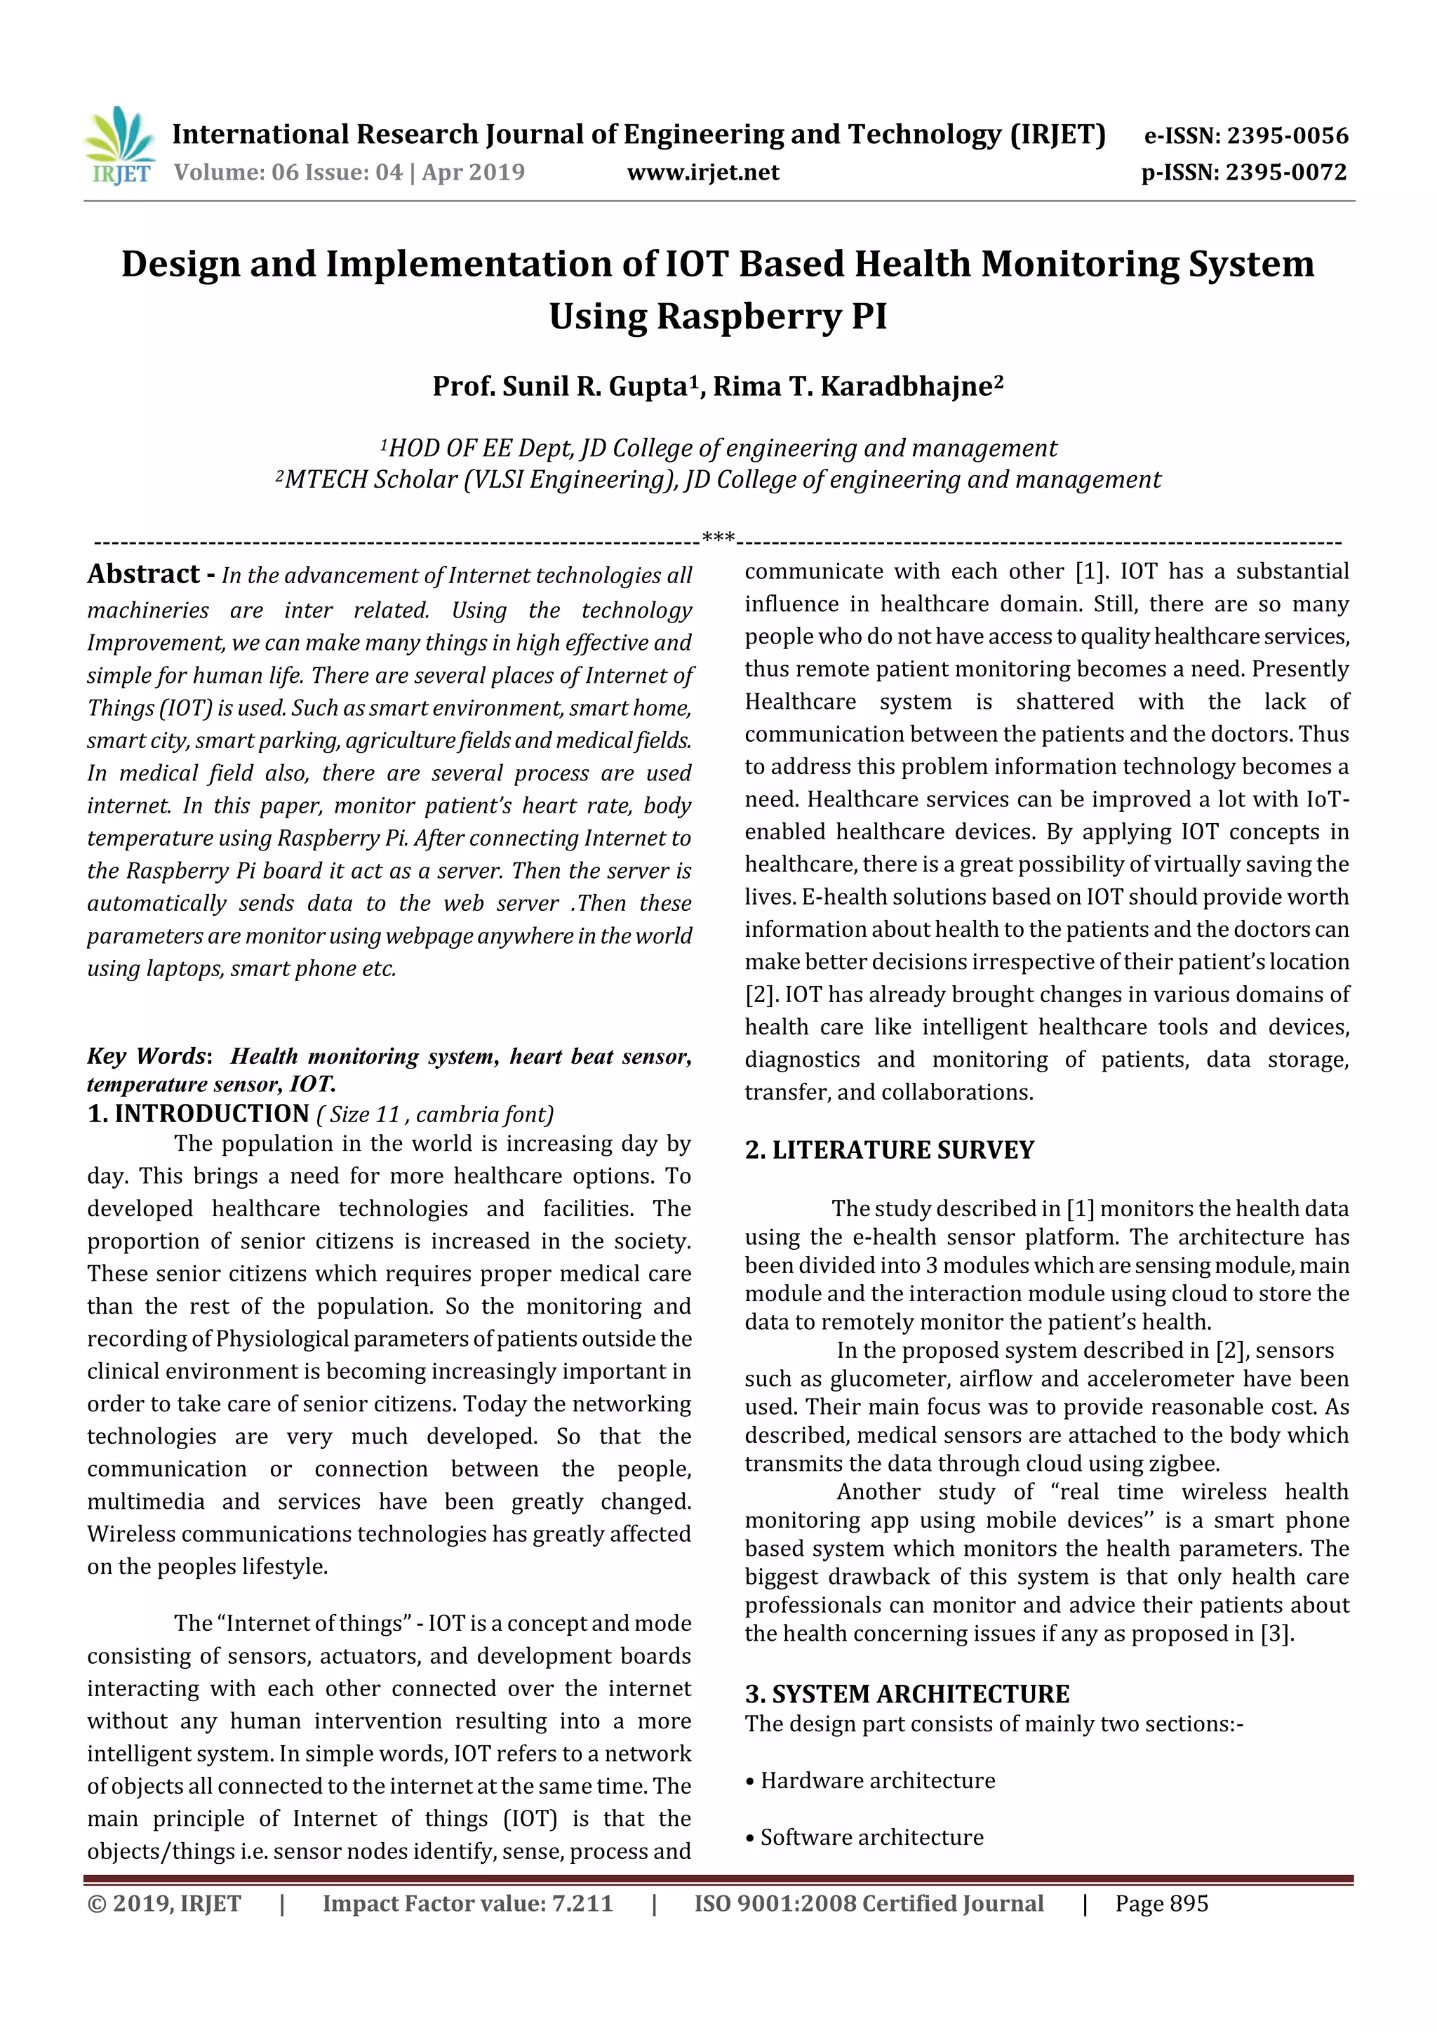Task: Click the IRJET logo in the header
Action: click(x=121, y=146)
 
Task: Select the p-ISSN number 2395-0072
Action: click(x=1285, y=173)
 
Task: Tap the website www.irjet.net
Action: click(x=703, y=173)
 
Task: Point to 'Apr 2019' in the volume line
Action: click(x=473, y=173)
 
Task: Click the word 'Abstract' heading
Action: click(x=143, y=574)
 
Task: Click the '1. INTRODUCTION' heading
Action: click(x=199, y=1114)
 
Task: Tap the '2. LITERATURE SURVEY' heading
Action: click(x=889, y=1150)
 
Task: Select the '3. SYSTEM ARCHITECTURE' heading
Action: click(x=907, y=1694)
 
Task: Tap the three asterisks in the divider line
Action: click(x=717, y=537)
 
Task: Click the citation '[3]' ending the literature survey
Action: click(x=1275, y=1634)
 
